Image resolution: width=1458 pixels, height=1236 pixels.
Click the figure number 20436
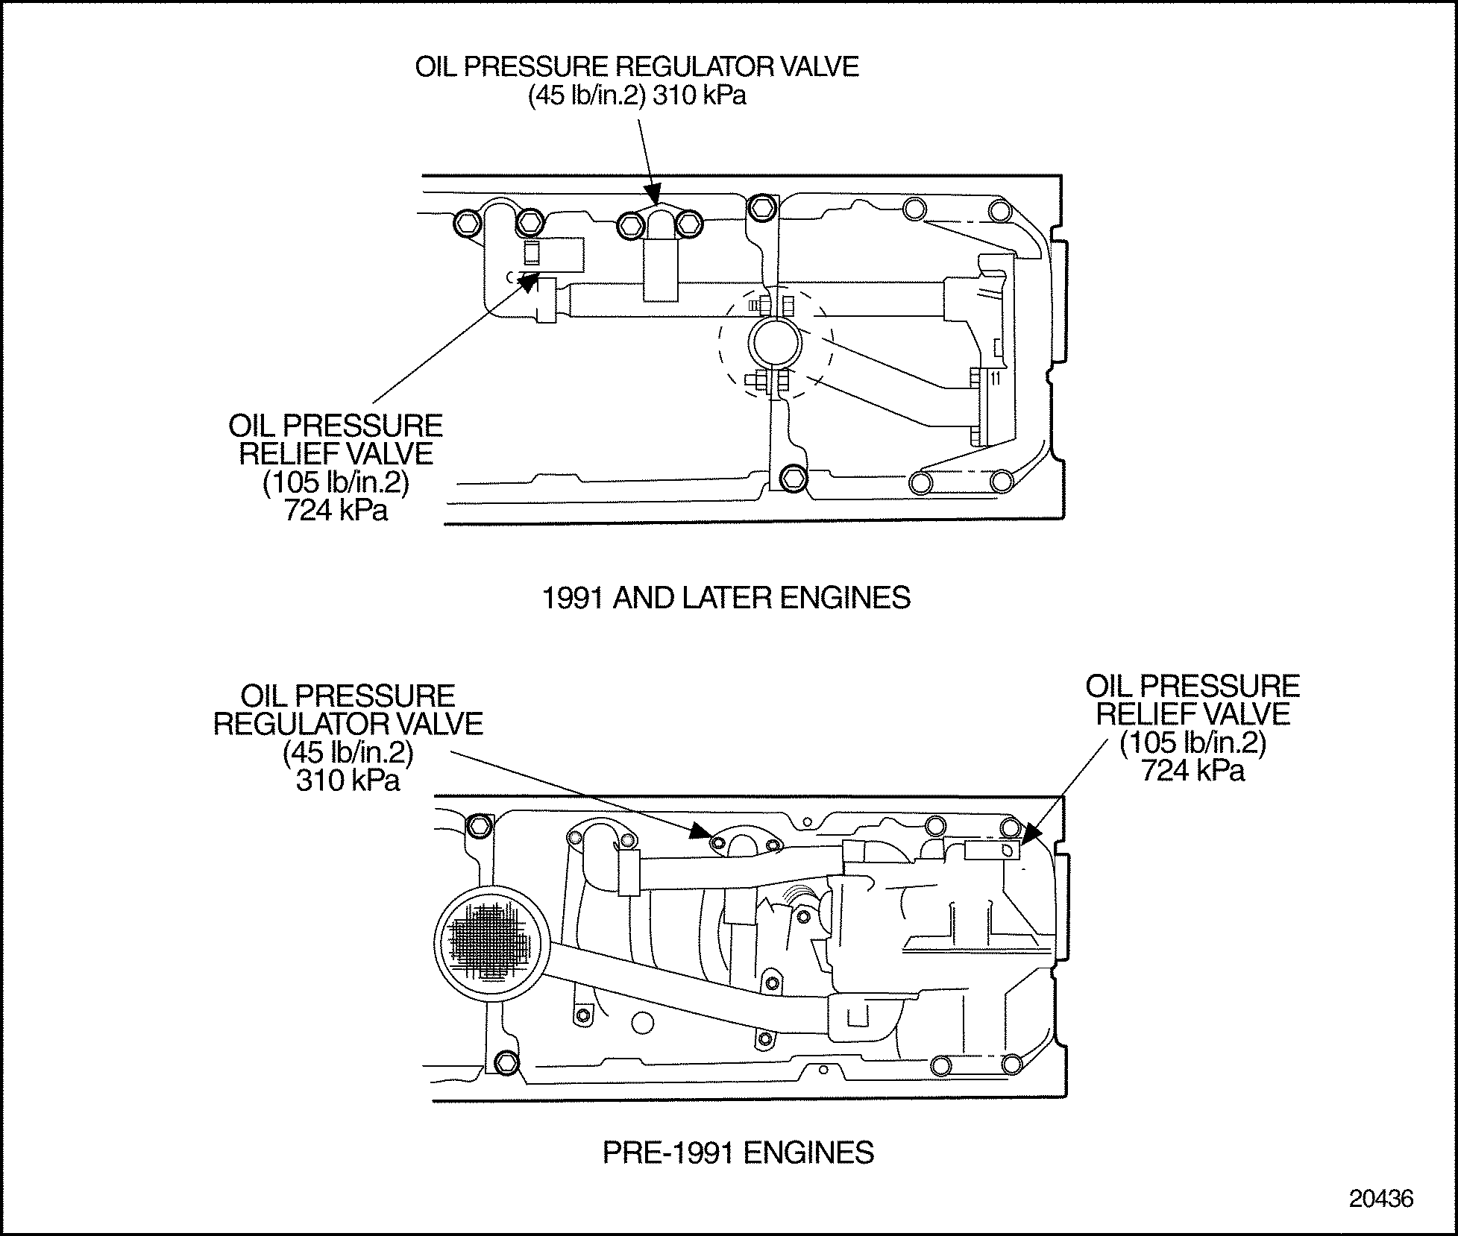[x=1381, y=1198]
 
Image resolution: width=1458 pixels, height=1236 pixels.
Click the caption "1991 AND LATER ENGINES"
[x=726, y=598]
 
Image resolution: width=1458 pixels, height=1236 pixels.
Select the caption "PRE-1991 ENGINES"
[x=738, y=1153]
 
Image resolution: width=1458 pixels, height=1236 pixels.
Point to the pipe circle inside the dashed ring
[x=776, y=344]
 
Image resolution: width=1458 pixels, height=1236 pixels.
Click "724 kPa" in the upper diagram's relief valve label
[x=336, y=511]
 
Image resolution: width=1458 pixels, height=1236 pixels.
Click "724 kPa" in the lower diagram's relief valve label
[x=1193, y=770]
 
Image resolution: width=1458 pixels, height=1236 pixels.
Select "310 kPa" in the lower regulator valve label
[x=348, y=781]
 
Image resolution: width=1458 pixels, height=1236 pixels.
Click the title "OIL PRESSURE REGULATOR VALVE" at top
[x=637, y=67]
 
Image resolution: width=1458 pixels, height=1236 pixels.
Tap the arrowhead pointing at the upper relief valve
[x=529, y=281]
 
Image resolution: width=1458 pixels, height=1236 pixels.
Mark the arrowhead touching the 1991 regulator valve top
[x=655, y=197]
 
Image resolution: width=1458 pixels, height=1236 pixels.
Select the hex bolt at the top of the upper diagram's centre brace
[x=760, y=207]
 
